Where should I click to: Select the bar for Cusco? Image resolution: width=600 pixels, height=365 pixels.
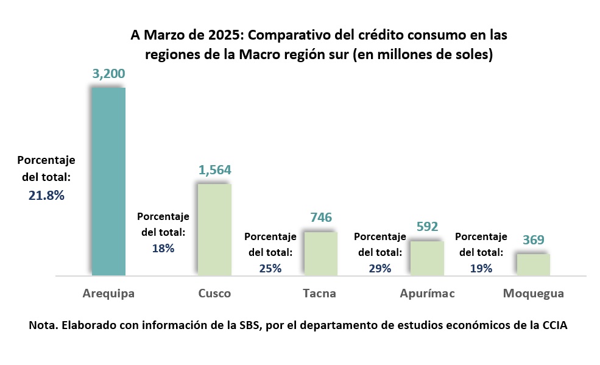click(x=214, y=229)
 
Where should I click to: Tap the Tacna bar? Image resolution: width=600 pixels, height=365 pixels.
click(x=320, y=253)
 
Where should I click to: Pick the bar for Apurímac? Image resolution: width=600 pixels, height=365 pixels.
click(x=427, y=258)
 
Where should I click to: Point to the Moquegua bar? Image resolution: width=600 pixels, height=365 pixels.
click(x=533, y=264)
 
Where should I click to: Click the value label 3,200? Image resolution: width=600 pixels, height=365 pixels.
click(x=108, y=74)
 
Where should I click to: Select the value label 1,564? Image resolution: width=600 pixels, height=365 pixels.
click(x=214, y=170)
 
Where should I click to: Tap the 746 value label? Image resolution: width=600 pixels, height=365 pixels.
click(x=321, y=218)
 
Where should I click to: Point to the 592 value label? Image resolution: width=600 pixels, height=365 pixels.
click(x=428, y=227)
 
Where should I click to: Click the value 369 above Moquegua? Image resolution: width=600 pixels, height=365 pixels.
click(x=534, y=240)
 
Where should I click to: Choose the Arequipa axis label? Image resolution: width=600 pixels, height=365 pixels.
click(x=108, y=294)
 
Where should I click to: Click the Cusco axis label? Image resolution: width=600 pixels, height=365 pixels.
click(x=214, y=294)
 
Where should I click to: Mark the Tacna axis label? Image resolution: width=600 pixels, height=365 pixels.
click(x=319, y=294)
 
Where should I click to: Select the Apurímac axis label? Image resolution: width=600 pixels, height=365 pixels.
click(x=427, y=294)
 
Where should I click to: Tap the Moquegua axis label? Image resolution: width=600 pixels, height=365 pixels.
click(x=533, y=294)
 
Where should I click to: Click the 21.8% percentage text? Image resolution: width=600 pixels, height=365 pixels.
click(x=46, y=196)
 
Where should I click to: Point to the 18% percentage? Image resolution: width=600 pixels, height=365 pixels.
click(x=163, y=248)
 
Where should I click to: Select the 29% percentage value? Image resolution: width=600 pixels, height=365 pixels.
click(x=380, y=268)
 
